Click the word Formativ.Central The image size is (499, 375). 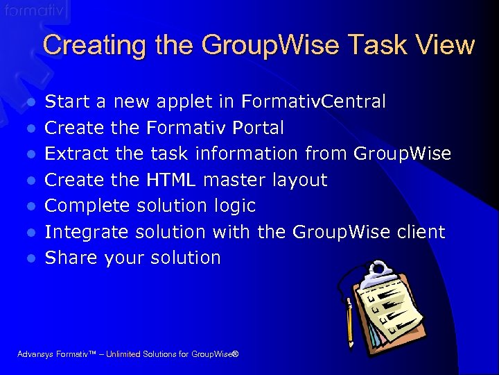click(x=313, y=102)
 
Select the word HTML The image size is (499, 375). click(x=173, y=180)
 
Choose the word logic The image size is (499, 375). click(x=233, y=206)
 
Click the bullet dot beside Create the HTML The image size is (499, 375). click(x=30, y=181)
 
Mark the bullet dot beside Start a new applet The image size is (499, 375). click(x=30, y=103)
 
